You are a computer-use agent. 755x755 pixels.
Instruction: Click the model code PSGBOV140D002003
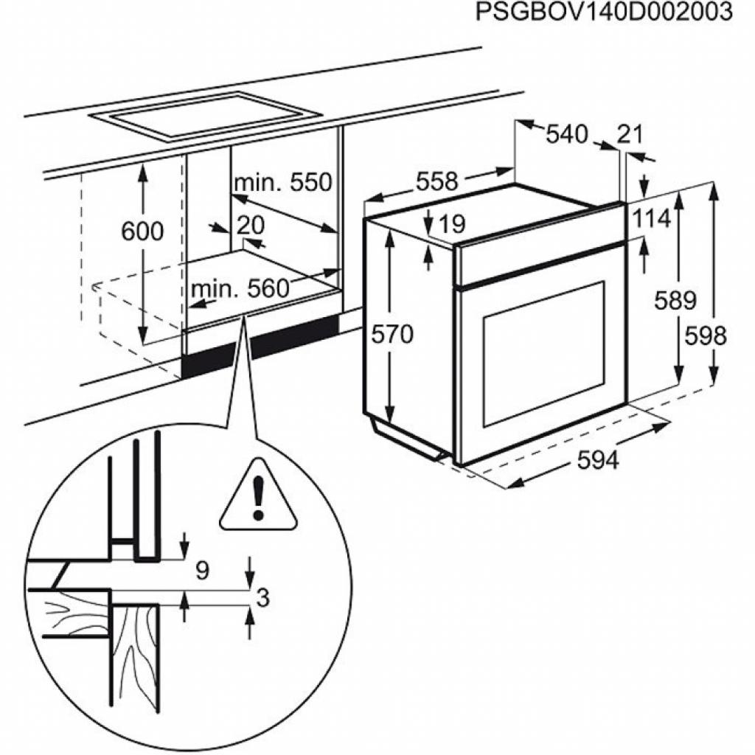click(605, 13)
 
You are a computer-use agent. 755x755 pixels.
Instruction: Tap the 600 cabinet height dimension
click(142, 231)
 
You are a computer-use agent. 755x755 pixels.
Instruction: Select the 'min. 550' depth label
click(283, 182)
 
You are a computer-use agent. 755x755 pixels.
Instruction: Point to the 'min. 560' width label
click(240, 289)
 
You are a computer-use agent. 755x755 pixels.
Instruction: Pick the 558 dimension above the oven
click(437, 181)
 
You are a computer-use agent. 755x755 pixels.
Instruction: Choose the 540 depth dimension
click(567, 134)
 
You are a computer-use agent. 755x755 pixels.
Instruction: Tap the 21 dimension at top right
click(630, 134)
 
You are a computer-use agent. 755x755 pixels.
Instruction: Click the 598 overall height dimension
click(706, 336)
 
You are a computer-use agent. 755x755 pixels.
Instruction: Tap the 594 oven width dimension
click(598, 460)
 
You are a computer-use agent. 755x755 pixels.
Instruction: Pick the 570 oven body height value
click(392, 334)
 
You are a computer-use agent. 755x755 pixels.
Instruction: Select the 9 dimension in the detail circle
click(203, 569)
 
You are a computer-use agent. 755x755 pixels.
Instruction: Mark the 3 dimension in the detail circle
click(261, 598)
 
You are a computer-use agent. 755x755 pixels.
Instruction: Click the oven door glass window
click(543, 354)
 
